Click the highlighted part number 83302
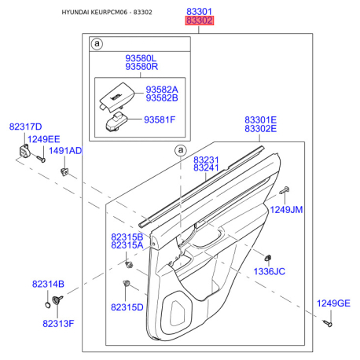click(x=200, y=20)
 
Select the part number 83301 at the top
click(x=199, y=12)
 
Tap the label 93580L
click(x=141, y=58)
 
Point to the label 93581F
click(x=160, y=119)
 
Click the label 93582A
click(x=162, y=90)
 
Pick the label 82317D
click(x=25, y=127)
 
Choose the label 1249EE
click(x=44, y=139)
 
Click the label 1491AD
click(x=65, y=151)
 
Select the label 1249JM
click(x=286, y=210)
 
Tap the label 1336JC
click(x=269, y=271)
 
